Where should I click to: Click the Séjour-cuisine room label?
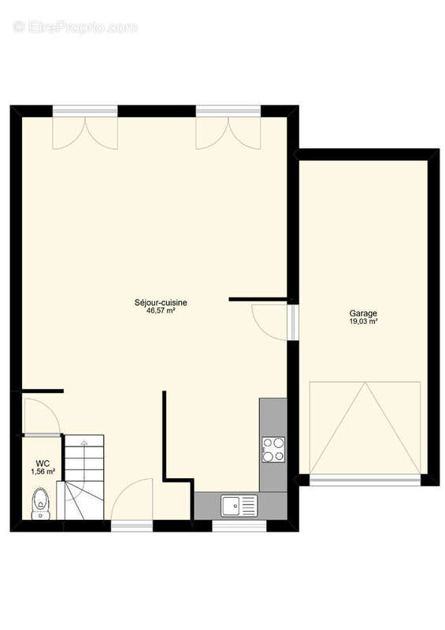pyautogui.click(x=160, y=302)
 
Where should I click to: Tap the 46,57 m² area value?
pyautogui.click(x=160, y=311)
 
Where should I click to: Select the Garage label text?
pyautogui.click(x=363, y=313)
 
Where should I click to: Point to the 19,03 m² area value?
pyautogui.click(x=363, y=321)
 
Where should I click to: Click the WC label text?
pyautogui.click(x=43, y=464)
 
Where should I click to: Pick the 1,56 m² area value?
pyautogui.click(x=43, y=472)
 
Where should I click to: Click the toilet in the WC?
pyautogui.click(x=40, y=502)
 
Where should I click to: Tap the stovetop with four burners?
pyautogui.click(x=273, y=450)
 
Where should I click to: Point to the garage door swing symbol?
pyautogui.click(x=364, y=428)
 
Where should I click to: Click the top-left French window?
pyautogui.click(x=85, y=130)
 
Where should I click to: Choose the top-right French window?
pyautogui.click(x=228, y=130)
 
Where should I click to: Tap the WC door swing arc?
pyautogui.click(x=39, y=416)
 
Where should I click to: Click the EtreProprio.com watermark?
pyautogui.click(x=75, y=27)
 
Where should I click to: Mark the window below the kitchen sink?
pyautogui.click(x=235, y=526)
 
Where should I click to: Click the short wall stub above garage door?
pyautogui.click(x=258, y=299)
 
